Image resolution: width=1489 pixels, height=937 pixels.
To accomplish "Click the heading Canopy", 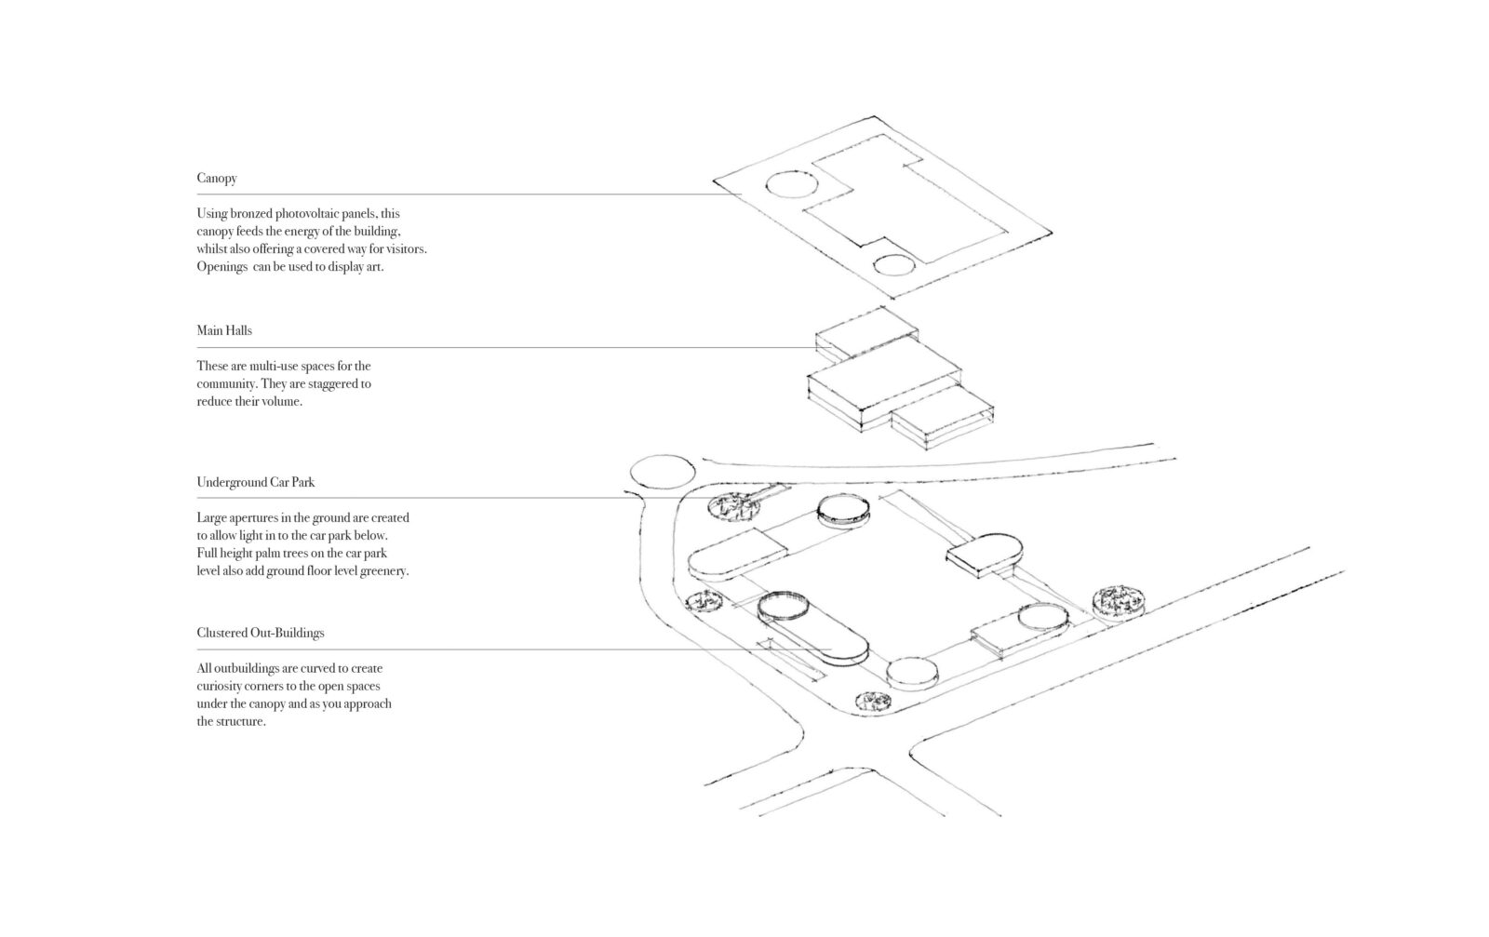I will pyautogui.click(x=216, y=179).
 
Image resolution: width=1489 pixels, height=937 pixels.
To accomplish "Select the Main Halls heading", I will pyautogui.click(x=224, y=330).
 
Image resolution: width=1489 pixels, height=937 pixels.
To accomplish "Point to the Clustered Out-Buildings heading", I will pyautogui.click(x=261, y=633).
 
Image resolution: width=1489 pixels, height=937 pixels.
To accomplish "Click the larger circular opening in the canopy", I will pyautogui.click(x=785, y=185).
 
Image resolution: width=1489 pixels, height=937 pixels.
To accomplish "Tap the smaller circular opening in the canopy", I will pyautogui.click(x=893, y=265).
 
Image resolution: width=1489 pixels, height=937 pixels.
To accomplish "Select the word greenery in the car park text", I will pyautogui.click(x=383, y=571).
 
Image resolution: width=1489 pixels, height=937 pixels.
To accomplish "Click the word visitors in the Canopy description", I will pyautogui.click(x=403, y=249).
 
